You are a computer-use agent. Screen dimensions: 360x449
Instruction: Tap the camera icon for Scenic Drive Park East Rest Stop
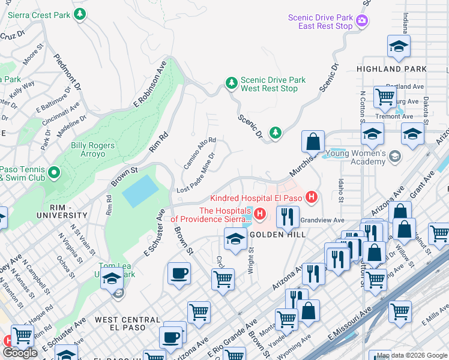click(x=362, y=22)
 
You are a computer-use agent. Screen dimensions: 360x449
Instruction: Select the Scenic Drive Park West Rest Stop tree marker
click(x=231, y=84)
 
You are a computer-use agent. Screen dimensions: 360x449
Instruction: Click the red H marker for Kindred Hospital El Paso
click(x=311, y=197)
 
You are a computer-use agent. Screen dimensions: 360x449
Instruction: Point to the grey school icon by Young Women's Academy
click(x=394, y=157)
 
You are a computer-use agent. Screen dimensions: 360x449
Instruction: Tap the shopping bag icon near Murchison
click(x=313, y=143)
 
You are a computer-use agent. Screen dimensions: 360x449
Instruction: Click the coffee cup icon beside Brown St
click(x=179, y=275)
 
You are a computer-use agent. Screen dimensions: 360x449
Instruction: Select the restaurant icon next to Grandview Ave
click(x=288, y=217)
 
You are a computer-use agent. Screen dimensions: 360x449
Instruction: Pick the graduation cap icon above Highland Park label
click(x=399, y=47)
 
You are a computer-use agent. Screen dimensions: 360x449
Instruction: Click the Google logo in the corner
click(x=20, y=353)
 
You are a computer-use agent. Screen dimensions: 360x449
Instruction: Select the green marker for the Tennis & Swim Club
click(x=54, y=173)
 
